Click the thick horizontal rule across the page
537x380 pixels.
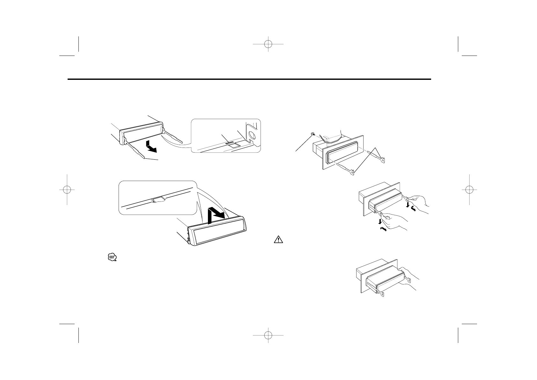click(x=249, y=79)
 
